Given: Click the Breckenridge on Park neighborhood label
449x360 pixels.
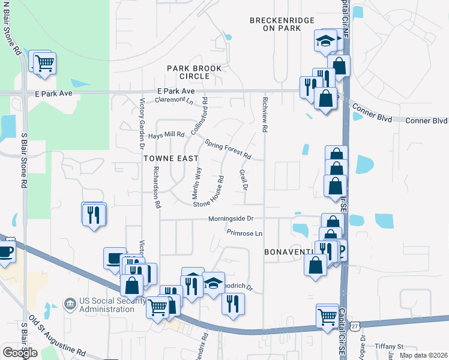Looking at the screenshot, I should pyautogui.click(x=282, y=24).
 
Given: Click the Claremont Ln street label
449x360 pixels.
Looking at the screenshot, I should pyautogui.click(x=173, y=100).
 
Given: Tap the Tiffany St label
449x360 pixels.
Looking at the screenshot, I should pyautogui.click(x=390, y=346).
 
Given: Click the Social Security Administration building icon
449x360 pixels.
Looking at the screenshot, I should pyautogui.click(x=70, y=304).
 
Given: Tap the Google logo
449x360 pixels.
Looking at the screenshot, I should pyautogui.click(x=20, y=352).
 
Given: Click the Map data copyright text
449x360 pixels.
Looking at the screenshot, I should pyautogui.click(x=423, y=355).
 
